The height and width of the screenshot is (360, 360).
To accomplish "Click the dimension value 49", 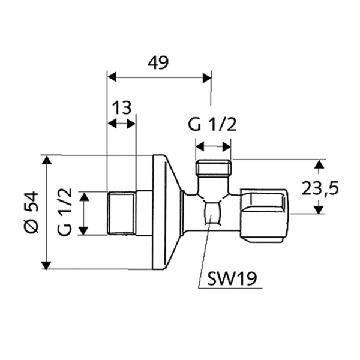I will click(158, 63).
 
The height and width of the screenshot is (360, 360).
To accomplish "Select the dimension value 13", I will click(121, 108).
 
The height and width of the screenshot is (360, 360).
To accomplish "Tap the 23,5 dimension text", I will click(320, 187).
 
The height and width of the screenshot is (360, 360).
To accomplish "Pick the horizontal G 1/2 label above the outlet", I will click(212, 125).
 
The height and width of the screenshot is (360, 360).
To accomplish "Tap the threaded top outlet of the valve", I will click(213, 167).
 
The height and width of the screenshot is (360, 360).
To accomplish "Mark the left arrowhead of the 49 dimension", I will click(111, 77).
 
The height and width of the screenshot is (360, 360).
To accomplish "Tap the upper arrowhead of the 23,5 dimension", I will click(320, 163).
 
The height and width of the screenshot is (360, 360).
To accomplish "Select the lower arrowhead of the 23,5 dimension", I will click(320, 210).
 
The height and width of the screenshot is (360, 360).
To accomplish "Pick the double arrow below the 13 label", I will click(121, 124).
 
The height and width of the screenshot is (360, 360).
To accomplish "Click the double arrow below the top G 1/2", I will click(214, 146).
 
